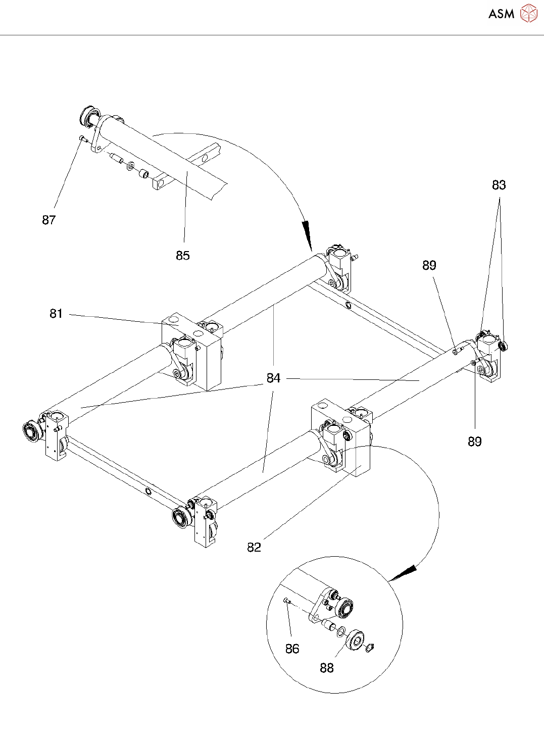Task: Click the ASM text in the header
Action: coord(501,14)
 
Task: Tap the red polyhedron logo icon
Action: coord(529,13)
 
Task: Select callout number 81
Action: coord(56,313)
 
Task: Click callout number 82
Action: coord(254,548)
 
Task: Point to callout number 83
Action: coord(499,185)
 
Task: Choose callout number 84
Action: coord(273,378)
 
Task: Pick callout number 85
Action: coord(183,256)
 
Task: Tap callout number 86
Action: coord(292,649)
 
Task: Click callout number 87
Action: coord(49,220)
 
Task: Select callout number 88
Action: coord(327,668)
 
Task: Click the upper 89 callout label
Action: coord(429,265)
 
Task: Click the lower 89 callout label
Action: coord(475,442)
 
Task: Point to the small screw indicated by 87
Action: coord(82,139)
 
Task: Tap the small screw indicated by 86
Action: coord(287,601)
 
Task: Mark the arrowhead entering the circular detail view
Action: coord(404,572)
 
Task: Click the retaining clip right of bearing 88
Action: coord(370,648)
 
